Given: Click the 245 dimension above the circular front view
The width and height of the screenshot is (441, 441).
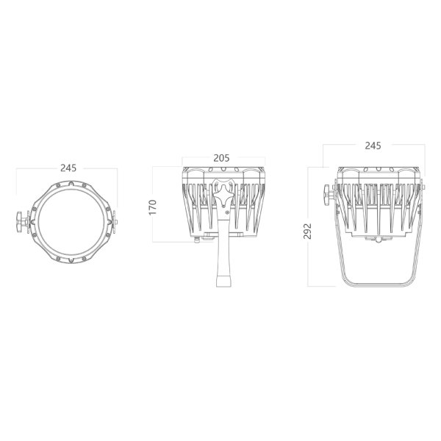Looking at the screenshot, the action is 68,168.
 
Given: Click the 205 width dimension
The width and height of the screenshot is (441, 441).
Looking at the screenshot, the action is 221,158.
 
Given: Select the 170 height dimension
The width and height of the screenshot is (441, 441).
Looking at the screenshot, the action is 152,207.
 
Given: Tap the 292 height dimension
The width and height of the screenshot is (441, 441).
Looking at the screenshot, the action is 307,231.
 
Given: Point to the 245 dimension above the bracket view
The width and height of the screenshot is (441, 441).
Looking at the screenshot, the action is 373,146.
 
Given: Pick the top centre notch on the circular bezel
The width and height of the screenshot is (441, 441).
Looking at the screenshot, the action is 71,184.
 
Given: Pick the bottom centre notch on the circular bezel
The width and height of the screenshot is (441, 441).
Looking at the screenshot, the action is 71,260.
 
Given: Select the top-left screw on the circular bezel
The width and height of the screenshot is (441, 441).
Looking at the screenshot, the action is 58,185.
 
